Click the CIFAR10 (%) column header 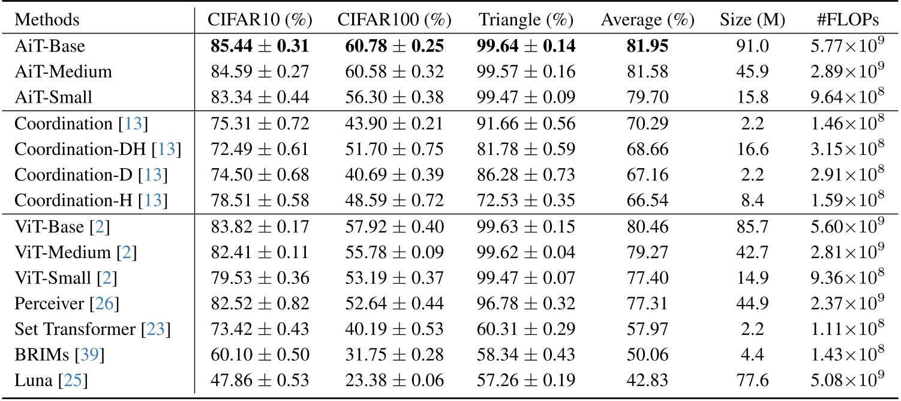point(260,19)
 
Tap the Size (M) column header point(753,19)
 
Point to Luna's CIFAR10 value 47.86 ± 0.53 point(260,381)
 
